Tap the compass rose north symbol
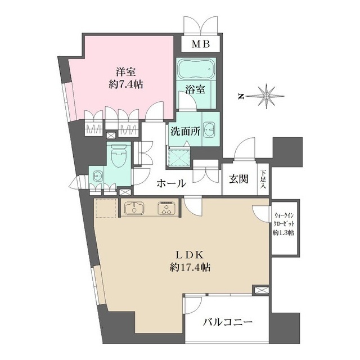click(265, 96)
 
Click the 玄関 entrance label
click(239, 180)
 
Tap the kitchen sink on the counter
click(134, 209)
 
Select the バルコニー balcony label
click(227, 323)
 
